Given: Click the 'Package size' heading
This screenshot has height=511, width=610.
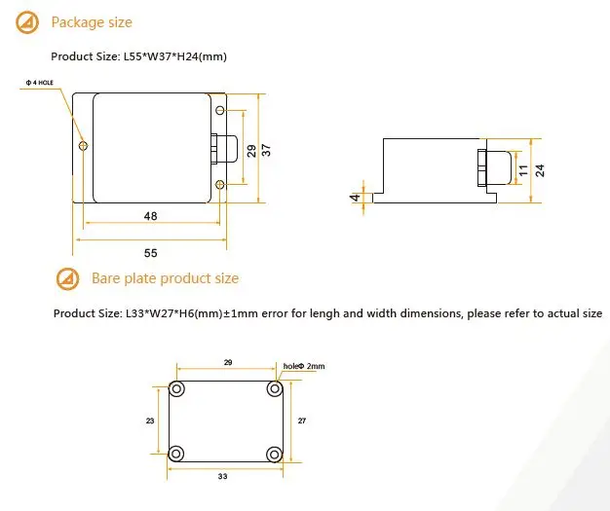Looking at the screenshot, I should [x=91, y=22].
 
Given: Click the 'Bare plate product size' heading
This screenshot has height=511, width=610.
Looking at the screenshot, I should [x=165, y=278].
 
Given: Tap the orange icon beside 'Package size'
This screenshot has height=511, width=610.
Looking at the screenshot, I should [x=29, y=22].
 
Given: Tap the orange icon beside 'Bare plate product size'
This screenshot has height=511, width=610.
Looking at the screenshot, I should [x=67, y=279].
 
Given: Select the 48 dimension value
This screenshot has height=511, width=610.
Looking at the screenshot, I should [x=151, y=216].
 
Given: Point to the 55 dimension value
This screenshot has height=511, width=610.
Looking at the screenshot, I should [x=151, y=252].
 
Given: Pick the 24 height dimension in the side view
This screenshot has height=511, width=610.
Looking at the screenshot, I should [x=539, y=169].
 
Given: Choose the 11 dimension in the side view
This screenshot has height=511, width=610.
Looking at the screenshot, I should [x=522, y=169].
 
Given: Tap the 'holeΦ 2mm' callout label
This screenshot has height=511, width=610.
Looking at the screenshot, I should [x=304, y=366].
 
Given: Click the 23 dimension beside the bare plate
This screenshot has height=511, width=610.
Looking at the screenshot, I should [x=150, y=420].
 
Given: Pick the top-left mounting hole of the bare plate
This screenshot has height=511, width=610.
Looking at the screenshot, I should [x=177, y=388].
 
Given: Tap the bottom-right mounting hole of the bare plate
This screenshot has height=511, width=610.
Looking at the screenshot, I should [x=274, y=454].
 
